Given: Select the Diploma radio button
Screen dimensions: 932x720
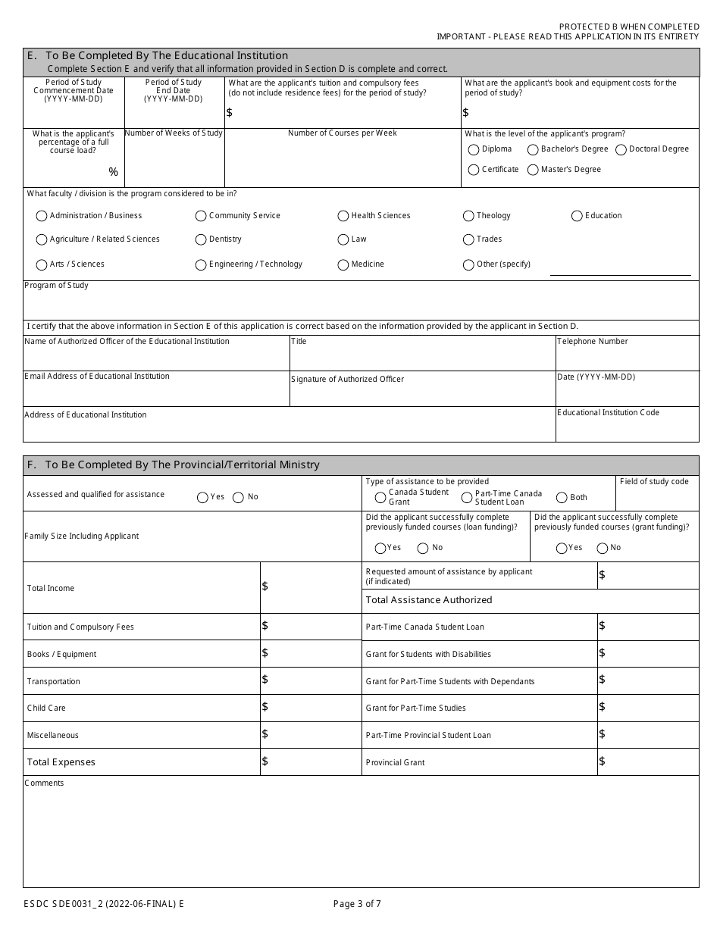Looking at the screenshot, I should [474, 150].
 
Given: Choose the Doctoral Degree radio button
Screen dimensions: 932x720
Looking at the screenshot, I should [621, 150].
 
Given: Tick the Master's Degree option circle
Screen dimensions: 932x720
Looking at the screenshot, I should [533, 170].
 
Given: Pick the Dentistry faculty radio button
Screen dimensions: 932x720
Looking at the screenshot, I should [201, 240].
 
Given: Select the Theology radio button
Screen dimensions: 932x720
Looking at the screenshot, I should [468, 217].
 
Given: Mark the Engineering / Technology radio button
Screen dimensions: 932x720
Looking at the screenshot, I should [201, 265].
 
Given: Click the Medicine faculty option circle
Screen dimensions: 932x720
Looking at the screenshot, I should [343, 265].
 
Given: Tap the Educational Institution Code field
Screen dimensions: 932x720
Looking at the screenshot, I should [627, 428].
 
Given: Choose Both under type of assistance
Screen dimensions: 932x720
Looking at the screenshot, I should [562, 498].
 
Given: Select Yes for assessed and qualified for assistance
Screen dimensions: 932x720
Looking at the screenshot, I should [202, 498].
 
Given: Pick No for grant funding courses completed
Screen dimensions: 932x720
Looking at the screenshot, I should [603, 549].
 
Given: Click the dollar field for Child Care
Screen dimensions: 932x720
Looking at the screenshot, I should [311, 708].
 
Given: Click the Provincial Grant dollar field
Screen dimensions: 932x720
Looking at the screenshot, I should [648, 762].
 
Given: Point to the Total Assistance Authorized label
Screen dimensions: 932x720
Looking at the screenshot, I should [429, 600].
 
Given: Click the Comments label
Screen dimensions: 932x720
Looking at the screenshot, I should [45, 783].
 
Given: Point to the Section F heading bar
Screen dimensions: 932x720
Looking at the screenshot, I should [361, 465].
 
